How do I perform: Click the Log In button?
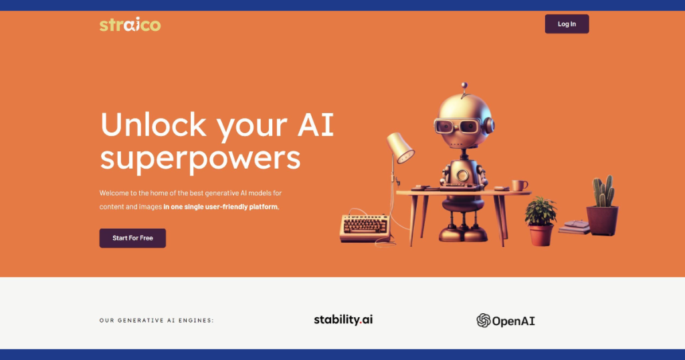point(567,24)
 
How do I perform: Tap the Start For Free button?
point(132,238)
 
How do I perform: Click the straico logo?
point(130,25)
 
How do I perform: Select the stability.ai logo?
point(343,320)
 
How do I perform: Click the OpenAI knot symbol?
point(483,321)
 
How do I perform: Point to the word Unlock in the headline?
point(153,125)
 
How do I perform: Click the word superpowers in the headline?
point(201,158)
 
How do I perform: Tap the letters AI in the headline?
point(316,124)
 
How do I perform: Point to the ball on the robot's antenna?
point(464,85)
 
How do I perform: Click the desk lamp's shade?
point(401,148)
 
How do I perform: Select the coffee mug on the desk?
point(519,185)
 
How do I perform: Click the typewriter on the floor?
point(365,228)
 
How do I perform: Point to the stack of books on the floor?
point(575,228)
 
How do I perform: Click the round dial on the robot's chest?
point(462,175)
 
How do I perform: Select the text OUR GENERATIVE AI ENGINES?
point(157,321)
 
